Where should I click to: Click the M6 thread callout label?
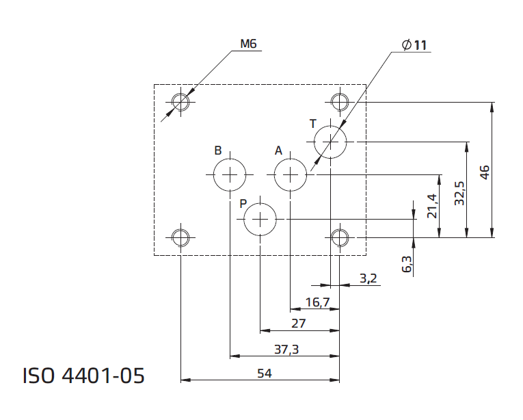tap(248, 44)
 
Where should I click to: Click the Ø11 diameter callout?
tap(414, 44)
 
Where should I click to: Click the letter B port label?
tap(218, 150)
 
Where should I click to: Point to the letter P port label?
tap(243, 203)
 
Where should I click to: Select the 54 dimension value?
tap(265, 373)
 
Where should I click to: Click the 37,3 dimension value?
tap(286, 350)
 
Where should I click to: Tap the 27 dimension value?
tap(299, 323)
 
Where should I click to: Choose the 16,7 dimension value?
tap(317, 302)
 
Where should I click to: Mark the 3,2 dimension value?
tap(368, 278)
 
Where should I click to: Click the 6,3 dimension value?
tap(407, 264)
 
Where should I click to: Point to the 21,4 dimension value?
tap(432, 206)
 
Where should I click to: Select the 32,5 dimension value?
tap(459, 194)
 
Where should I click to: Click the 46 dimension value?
tap(485, 172)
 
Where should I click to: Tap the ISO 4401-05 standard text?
tap(83, 376)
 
